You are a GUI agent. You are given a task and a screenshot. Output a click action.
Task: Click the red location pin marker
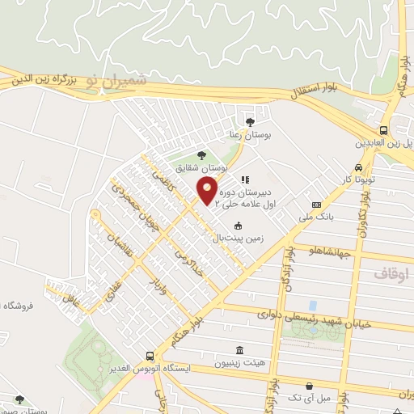[x=207, y=192]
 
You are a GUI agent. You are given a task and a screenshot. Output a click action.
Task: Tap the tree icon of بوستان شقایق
[x=201, y=155]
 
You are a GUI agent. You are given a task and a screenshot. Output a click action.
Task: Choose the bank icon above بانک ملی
[x=316, y=205]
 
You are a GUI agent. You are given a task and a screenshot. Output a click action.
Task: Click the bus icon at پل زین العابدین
[x=382, y=130]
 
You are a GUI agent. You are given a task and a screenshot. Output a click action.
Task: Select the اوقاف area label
[x=391, y=275]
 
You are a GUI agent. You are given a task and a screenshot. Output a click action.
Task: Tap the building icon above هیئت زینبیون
[x=239, y=350]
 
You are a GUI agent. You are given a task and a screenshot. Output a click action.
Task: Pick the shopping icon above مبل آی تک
[x=308, y=386]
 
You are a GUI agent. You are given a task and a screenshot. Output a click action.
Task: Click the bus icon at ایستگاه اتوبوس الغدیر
[x=150, y=356]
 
